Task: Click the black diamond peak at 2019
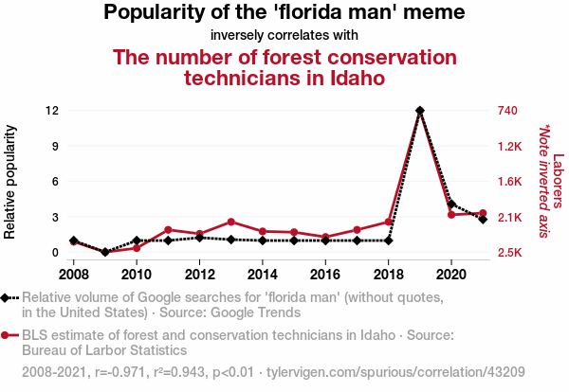coord(419,111)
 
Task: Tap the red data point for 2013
coord(230,222)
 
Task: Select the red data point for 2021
coord(483,213)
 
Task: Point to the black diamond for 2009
coord(105,252)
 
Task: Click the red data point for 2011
coord(168,230)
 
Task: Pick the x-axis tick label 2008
coord(74,274)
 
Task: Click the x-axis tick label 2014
coord(262,274)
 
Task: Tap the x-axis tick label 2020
coord(450,274)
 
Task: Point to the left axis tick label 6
coord(56,182)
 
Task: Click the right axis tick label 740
coord(506,111)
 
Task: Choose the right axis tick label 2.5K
coord(510,253)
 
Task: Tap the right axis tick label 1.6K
coord(510,182)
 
